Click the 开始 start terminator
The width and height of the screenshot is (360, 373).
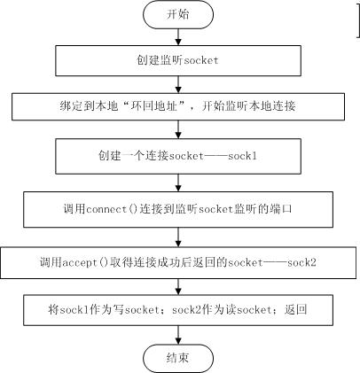[178, 15]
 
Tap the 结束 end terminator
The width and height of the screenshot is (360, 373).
[178, 358]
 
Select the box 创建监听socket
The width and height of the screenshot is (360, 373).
[178, 60]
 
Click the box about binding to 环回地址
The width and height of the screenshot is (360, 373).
[178, 106]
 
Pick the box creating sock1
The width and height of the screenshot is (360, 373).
[178, 156]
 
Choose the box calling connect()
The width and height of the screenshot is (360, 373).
[178, 209]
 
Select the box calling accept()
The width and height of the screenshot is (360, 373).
[178, 263]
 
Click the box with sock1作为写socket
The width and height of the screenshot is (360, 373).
[178, 310]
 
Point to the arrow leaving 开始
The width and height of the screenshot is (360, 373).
[178, 37]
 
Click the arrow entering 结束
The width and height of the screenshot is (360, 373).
[178, 335]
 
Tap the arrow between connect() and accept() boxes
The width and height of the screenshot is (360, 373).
[178, 237]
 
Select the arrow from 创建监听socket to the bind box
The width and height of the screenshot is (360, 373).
[178, 85]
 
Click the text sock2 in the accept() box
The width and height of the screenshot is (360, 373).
[301, 262]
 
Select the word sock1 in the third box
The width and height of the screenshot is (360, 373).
[242, 156]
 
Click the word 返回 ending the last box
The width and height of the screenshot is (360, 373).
[295, 310]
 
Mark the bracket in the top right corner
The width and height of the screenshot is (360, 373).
[358, 19]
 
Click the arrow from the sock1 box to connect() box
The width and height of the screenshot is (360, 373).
[178, 183]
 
